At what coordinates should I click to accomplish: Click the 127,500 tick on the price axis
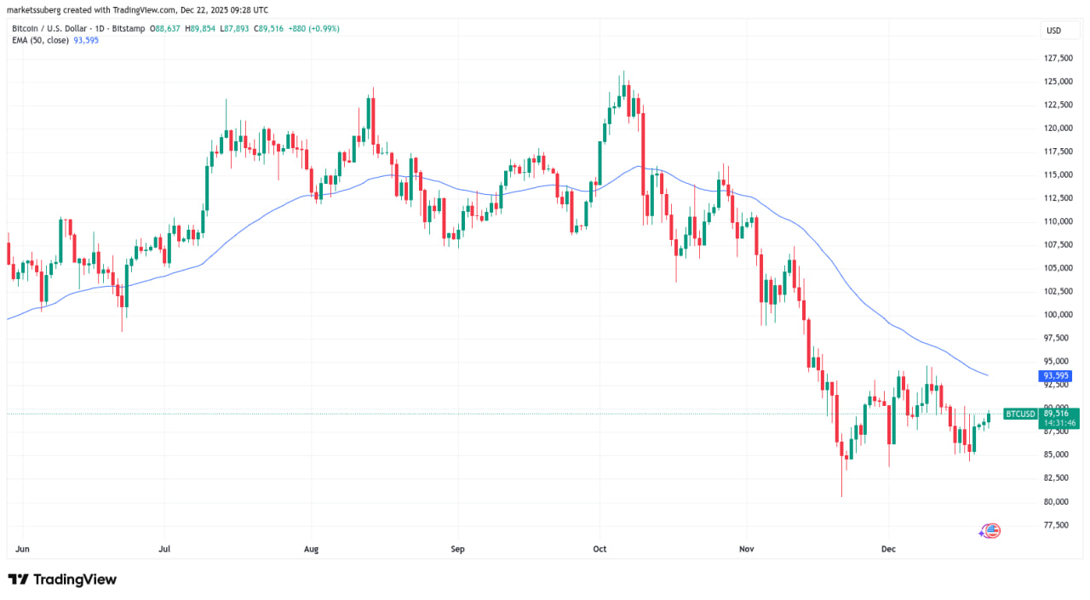click(1058, 58)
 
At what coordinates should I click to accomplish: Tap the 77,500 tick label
click(1058, 525)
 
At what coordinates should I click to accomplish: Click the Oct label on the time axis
click(599, 550)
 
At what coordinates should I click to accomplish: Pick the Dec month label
click(887, 550)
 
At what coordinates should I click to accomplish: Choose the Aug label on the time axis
click(311, 550)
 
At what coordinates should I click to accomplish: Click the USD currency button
click(1053, 31)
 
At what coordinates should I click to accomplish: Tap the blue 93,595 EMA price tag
click(1054, 375)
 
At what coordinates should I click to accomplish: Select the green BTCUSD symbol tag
click(1020, 414)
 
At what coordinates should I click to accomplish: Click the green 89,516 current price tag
click(1056, 414)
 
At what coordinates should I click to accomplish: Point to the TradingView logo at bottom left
click(62, 580)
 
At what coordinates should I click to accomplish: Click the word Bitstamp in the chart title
click(129, 28)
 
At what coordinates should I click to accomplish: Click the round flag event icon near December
click(990, 530)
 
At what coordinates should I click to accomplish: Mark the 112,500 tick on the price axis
click(1058, 197)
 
